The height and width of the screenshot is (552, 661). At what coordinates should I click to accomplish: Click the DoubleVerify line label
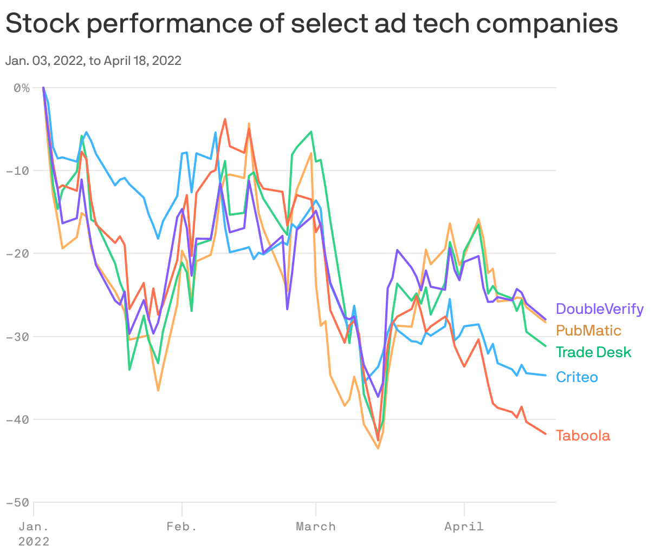click(x=600, y=309)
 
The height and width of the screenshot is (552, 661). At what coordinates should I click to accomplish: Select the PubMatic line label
click(x=588, y=331)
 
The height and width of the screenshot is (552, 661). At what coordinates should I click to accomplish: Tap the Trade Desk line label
click(x=593, y=352)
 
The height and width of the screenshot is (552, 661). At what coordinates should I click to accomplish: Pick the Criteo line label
click(x=577, y=377)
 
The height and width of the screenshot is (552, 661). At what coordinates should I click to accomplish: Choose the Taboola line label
click(x=583, y=436)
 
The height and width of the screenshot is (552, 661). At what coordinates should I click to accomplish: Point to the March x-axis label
click(x=316, y=527)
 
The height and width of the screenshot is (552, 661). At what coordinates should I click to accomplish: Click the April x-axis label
click(x=464, y=527)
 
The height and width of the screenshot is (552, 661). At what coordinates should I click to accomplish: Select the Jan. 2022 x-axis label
click(x=34, y=534)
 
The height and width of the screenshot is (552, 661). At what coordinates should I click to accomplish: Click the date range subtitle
click(x=93, y=61)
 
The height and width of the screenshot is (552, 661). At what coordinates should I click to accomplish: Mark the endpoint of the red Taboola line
click(x=546, y=433)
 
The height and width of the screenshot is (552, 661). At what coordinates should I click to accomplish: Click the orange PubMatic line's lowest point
click(x=378, y=449)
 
